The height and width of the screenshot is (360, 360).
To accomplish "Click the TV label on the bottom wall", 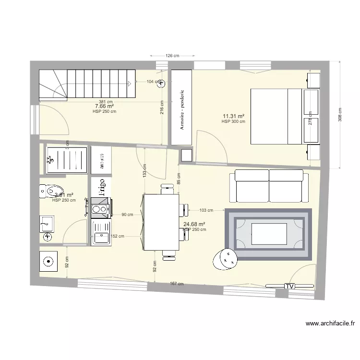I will (289, 286).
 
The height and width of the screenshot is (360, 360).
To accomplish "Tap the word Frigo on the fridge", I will (101, 187).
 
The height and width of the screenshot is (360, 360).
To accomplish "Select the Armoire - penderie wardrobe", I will (182, 107).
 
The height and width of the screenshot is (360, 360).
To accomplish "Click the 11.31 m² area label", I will (233, 116).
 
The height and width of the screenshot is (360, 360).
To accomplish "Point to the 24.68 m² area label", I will (194, 224).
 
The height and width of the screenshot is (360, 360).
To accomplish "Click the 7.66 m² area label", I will (104, 106).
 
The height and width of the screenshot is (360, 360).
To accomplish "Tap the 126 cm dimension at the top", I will (172, 56).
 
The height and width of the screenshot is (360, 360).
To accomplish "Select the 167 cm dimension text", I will (177, 284).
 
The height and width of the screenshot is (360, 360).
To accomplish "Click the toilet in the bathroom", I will (52, 190).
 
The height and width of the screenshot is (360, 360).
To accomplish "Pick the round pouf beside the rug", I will (225, 259).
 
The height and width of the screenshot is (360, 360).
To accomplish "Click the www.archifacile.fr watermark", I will (329, 324).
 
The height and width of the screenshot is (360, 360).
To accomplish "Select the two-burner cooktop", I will (100, 209).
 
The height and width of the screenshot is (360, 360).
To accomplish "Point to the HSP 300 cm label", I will (233, 122).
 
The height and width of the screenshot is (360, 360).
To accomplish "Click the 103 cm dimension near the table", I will (206, 210).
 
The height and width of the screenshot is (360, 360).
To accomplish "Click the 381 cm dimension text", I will (106, 101).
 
